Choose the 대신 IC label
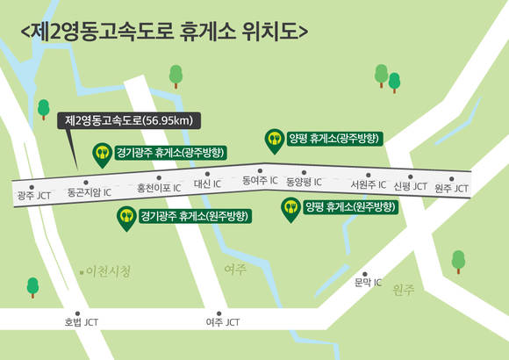pyautogui.click(x=207, y=184)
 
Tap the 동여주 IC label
pyautogui.click(x=260, y=180)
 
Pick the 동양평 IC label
pyautogui.click(x=304, y=183)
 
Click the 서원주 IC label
pyautogui.click(x=368, y=185)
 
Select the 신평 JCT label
pyautogui.click(x=410, y=187)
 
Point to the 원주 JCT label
pyautogui.click(x=452, y=189)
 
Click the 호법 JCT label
pyautogui.click(x=82, y=322)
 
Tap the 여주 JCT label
pyautogui.click(x=222, y=322)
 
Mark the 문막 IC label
pyautogui.click(x=368, y=282)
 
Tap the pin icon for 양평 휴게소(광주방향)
pyautogui.click(x=273, y=139)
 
